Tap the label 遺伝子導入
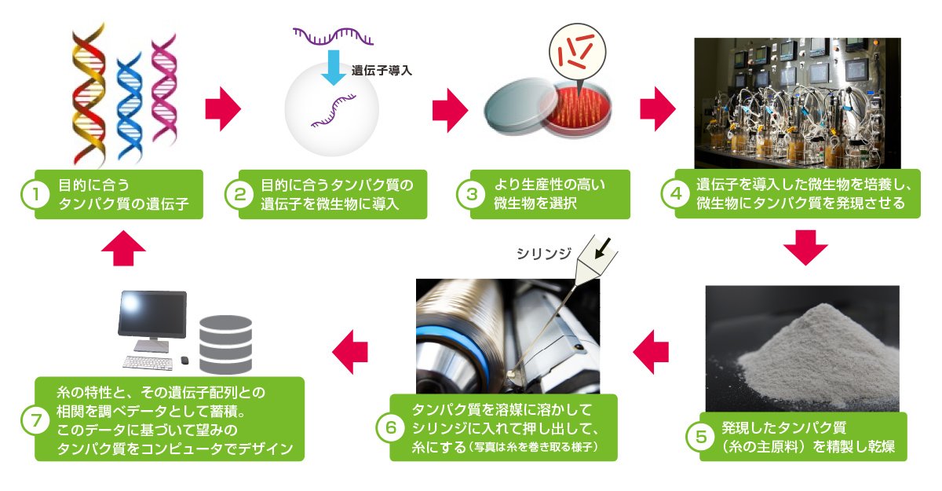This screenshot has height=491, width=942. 382,70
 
